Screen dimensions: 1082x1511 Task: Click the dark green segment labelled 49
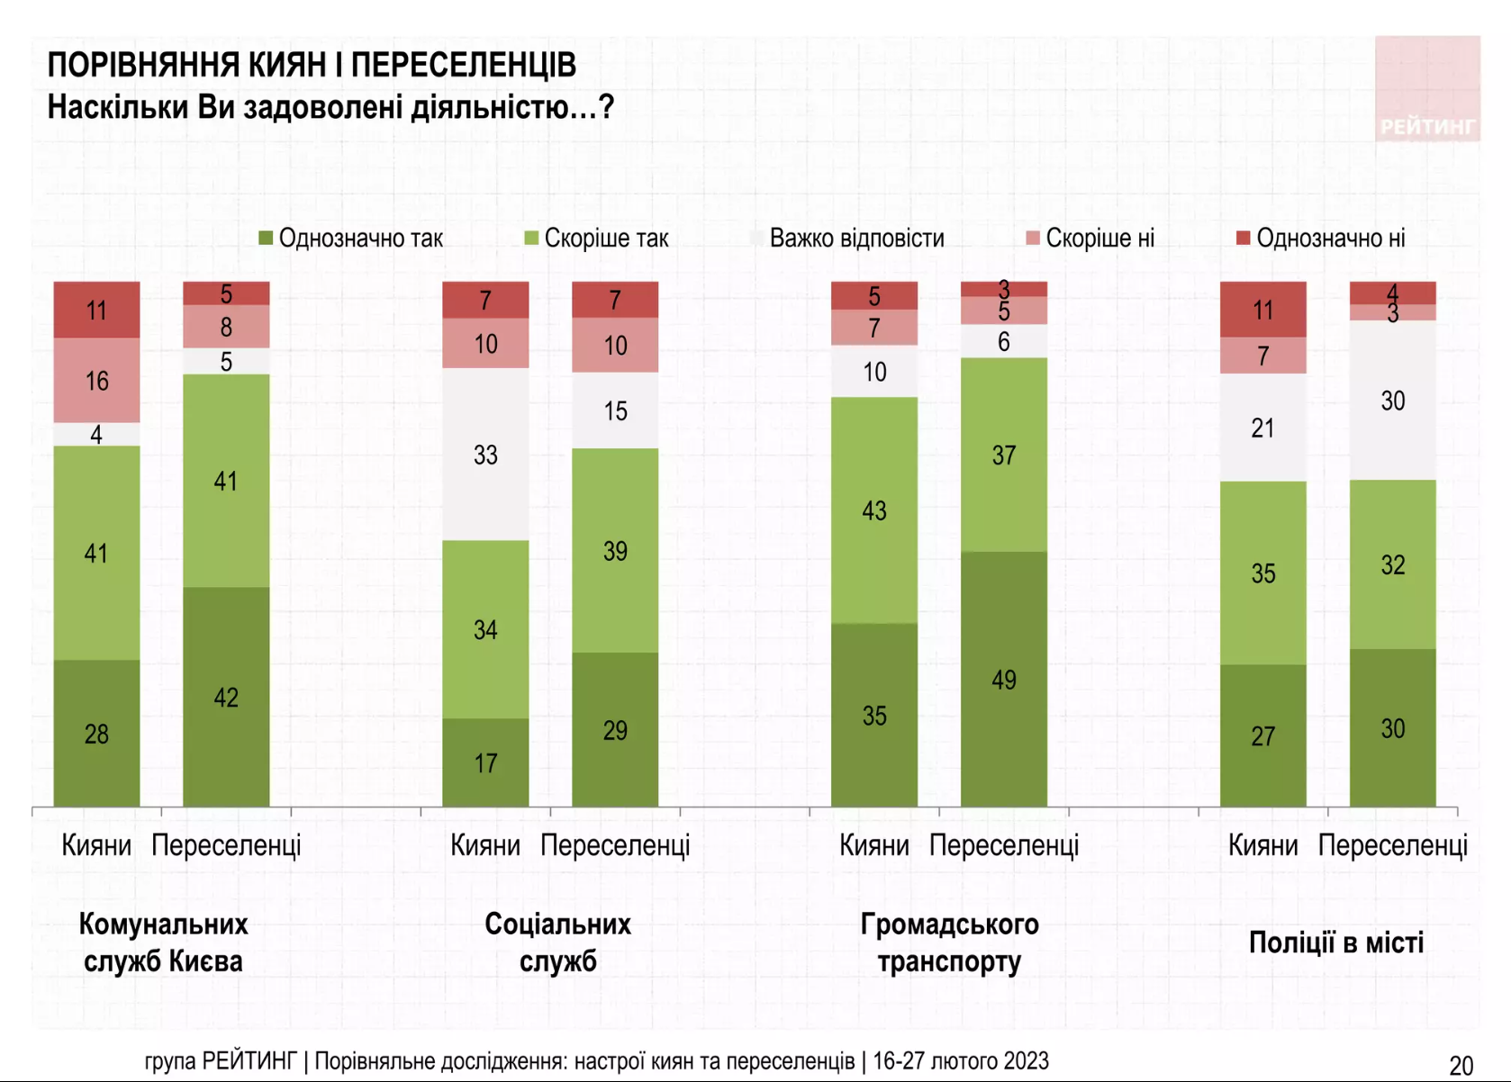(x=1004, y=679)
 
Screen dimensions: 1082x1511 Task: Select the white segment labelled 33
(x=485, y=455)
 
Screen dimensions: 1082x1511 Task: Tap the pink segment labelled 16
(x=96, y=381)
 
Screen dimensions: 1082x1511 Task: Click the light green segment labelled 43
(x=874, y=510)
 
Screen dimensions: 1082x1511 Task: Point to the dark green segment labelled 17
(x=485, y=762)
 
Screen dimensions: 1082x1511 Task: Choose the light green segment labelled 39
(x=615, y=550)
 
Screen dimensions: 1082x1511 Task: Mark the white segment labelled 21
(x=1263, y=428)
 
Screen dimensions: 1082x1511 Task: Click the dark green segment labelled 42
(x=226, y=697)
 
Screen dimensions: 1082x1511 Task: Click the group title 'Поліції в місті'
(x=1336, y=942)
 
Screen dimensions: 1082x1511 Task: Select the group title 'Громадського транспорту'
(x=949, y=942)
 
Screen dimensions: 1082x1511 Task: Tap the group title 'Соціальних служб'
(x=558, y=942)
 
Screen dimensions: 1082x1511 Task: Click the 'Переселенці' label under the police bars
(x=1392, y=845)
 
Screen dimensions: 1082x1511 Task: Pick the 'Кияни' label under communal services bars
(x=96, y=845)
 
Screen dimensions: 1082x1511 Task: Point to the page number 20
(x=1461, y=1066)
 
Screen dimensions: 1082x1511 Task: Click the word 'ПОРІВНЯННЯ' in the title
(x=143, y=66)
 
